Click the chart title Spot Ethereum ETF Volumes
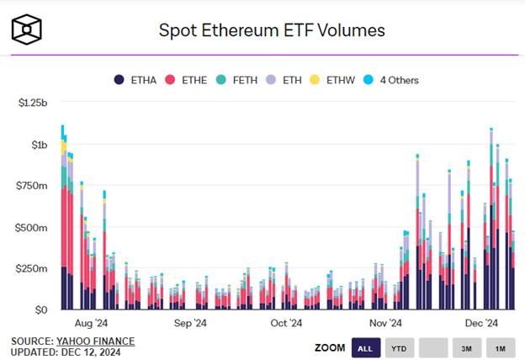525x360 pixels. pos(272,30)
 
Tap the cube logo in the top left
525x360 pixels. pos(28,30)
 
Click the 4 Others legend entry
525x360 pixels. pos(395,80)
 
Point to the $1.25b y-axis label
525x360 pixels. pos(33,103)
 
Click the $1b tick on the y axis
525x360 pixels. pos(39,145)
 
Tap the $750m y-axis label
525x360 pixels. pos(34,186)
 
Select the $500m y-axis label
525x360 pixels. pos(34,227)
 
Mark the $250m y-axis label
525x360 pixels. pos(34,268)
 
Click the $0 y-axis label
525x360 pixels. pos(41,310)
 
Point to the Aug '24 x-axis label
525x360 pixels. pos(90,323)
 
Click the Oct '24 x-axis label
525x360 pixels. pos(285,323)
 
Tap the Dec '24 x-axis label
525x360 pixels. pos(482,323)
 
